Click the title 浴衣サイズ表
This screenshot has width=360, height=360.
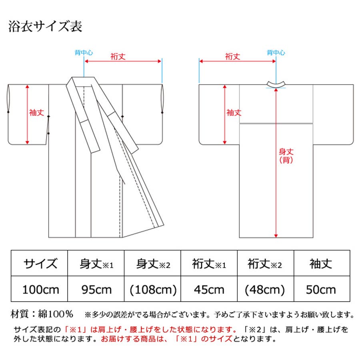click(x=45, y=27)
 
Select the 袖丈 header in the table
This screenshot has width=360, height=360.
click(x=322, y=264)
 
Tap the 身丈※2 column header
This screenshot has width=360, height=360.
click(x=153, y=264)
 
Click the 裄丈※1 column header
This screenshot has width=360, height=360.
click(x=209, y=264)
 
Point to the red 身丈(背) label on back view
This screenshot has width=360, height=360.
click(x=286, y=156)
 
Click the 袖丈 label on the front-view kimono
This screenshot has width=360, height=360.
click(x=36, y=113)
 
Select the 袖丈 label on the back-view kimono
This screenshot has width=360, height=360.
click(x=234, y=113)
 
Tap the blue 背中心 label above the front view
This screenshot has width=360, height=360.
click(x=84, y=52)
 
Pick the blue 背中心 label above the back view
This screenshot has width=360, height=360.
click(x=276, y=52)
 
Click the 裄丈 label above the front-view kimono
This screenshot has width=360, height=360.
click(x=118, y=56)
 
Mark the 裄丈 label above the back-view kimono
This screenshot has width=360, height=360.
click(x=232, y=56)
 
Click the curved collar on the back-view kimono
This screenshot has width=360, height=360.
click(x=276, y=83)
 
